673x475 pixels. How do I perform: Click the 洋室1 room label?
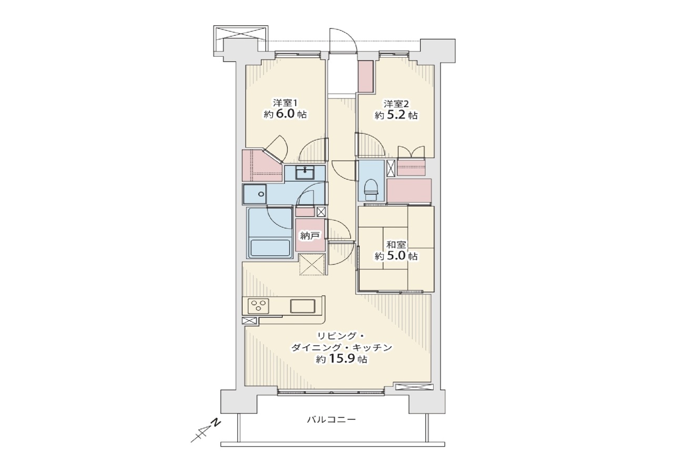click(x=285, y=103)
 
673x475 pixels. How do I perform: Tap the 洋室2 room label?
click(x=396, y=104)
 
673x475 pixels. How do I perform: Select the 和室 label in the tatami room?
click(x=396, y=245)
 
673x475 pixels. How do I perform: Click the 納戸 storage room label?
click(x=310, y=236)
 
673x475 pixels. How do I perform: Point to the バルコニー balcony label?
click(x=331, y=419)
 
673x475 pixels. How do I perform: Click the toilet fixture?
click(x=371, y=190)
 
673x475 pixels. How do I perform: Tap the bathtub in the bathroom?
click(x=270, y=247)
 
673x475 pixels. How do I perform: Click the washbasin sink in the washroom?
click(x=305, y=173)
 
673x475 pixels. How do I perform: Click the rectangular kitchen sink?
click(x=302, y=306)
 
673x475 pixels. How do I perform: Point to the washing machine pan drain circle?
click(x=261, y=194)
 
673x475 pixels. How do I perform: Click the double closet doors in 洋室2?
click(x=411, y=152)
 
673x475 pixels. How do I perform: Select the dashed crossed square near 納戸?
click(x=312, y=264)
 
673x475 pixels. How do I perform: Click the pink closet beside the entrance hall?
click(x=365, y=76)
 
